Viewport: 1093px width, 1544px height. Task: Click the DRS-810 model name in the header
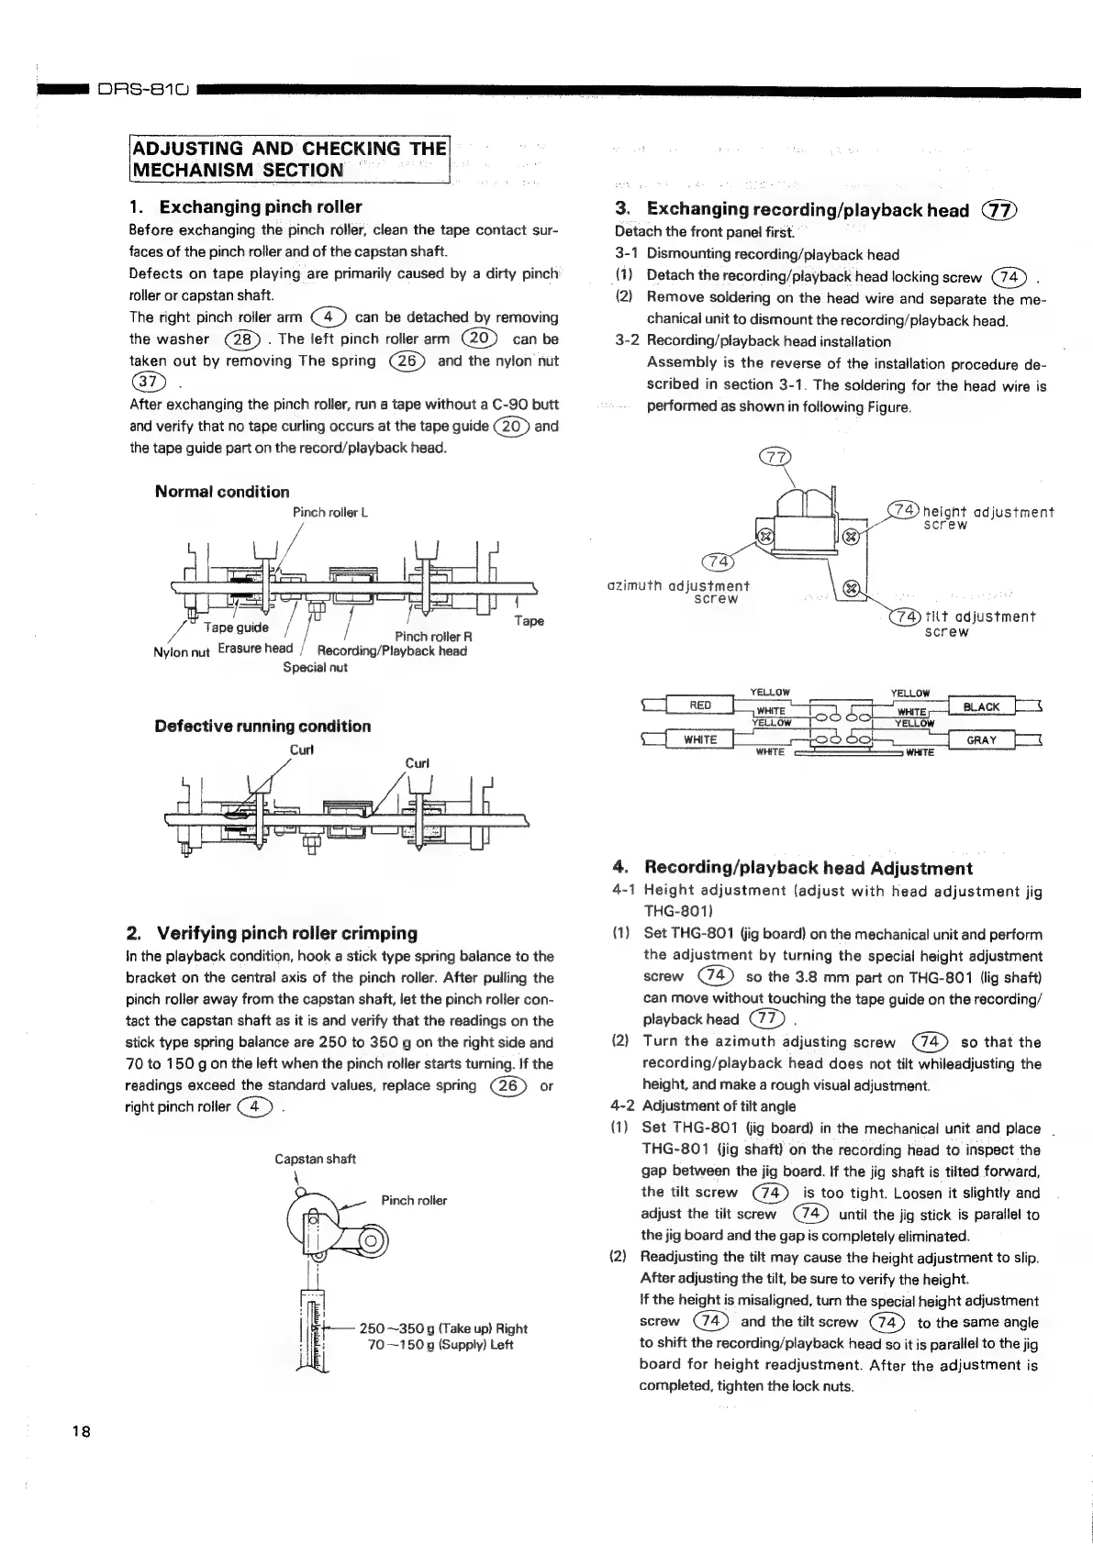click(142, 90)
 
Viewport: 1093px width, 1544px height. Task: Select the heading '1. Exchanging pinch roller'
click(245, 207)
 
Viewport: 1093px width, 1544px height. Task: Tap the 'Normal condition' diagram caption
click(222, 492)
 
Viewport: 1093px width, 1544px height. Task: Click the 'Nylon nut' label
click(183, 652)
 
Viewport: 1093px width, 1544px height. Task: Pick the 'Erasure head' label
click(255, 649)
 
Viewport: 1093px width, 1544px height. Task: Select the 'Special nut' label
click(315, 667)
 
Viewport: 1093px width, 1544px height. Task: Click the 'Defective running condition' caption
click(262, 727)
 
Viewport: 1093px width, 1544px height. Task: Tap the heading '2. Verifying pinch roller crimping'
click(272, 934)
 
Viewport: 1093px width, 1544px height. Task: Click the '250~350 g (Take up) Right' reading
click(444, 1328)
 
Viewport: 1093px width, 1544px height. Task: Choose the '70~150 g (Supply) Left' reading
click(440, 1345)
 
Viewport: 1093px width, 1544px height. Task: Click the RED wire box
click(700, 705)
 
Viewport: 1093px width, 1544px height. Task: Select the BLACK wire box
click(982, 706)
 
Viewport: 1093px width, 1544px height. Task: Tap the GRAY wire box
click(982, 739)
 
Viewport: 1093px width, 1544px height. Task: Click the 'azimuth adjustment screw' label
click(679, 592)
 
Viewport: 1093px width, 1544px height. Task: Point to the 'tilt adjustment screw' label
click(978, 624)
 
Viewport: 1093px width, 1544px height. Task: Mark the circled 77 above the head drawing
click(775, 458)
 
